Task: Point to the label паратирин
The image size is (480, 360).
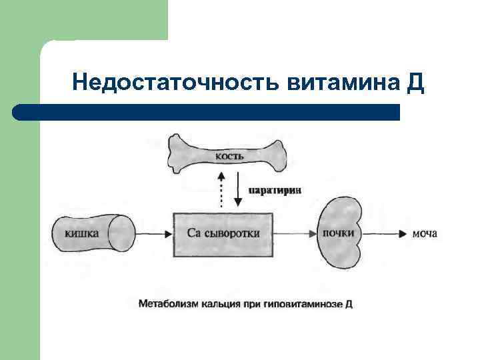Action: (x=275, y=190)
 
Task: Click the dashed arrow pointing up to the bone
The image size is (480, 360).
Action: (x=219, y=189)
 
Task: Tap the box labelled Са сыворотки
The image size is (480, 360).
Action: (x=223, y=233)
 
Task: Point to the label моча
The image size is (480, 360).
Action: (x=425, y=233)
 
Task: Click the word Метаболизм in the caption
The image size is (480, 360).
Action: (x=167, y=304)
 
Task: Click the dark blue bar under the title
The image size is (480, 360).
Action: (x=207, y=112)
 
